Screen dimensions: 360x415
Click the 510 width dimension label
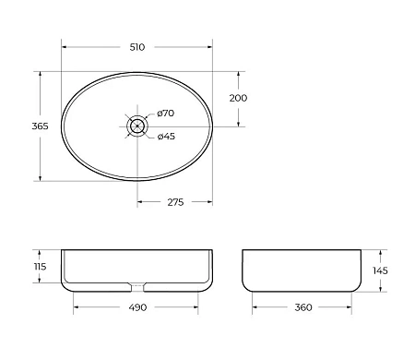pos(137,47)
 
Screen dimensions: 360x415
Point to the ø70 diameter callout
pos(166,114)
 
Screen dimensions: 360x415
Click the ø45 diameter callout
pos(166,137)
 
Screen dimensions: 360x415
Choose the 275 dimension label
pos(174,203)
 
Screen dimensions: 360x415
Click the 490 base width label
pos(137,307)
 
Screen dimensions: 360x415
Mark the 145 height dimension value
pos(381,270)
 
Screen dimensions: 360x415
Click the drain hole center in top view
pos(137,125)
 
